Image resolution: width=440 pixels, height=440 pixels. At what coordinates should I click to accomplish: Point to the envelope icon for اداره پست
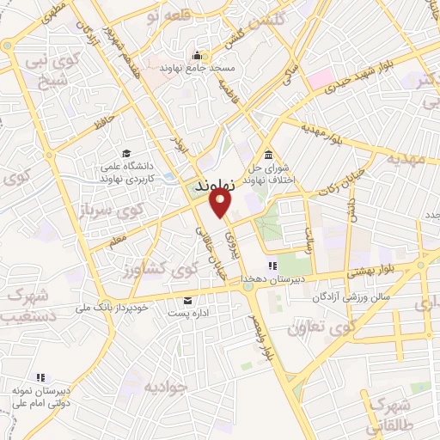[187, 300]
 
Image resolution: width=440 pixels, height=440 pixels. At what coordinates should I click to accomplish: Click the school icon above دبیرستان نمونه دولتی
[40, 376]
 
